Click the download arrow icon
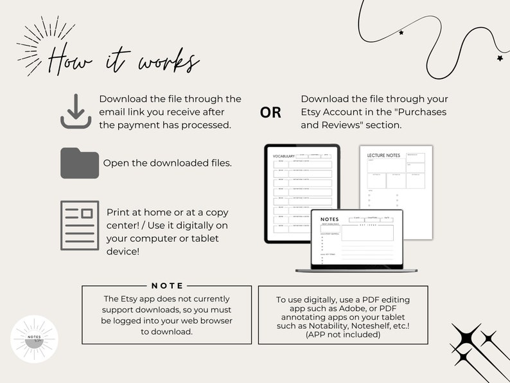coord(76,111)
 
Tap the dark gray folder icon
coord(79,163)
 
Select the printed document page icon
coord(79,225)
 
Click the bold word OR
coord(270,112)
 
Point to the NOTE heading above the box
coord(167,285)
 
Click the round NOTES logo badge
coord(35,339)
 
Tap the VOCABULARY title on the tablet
coord(284,156)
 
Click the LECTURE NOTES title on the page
coord(383,156)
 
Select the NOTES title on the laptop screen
coord(329,220)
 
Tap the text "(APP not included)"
coord(342,334)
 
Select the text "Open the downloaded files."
coord(167,163)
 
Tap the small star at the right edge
coord(500,58)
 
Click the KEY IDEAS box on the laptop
coord(367,233)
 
